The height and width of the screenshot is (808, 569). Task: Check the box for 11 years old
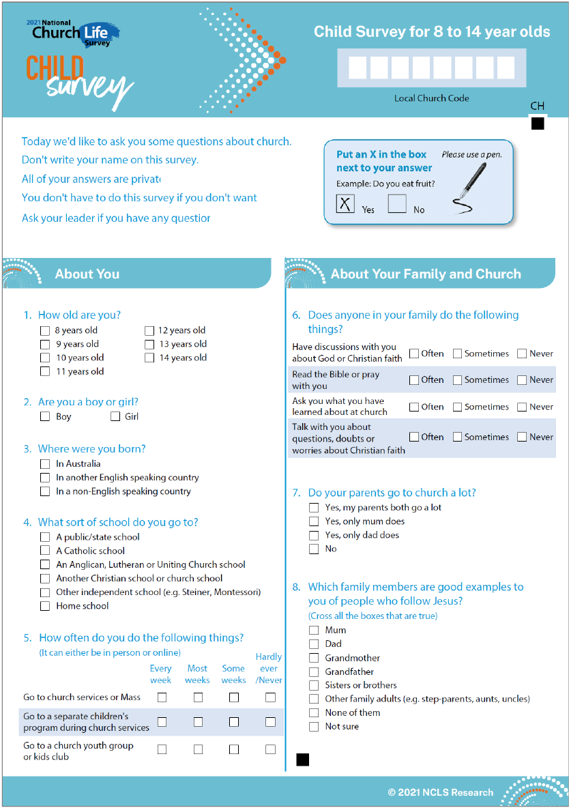tap(45, 371)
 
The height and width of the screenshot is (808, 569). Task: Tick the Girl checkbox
tap(115, 416)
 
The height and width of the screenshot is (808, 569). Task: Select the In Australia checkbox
tap(45, 464)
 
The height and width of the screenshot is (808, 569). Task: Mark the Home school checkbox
tap(45, 606)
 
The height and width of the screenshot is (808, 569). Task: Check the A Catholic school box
tap(45, 551)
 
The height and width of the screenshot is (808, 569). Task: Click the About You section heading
tap(87, 274)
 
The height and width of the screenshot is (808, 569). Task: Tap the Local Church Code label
tap(431, 98)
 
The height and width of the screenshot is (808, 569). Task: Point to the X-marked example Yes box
tap(346, 203)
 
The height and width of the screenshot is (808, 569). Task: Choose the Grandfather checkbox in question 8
tap(314, 672)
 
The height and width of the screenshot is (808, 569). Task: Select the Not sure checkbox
tap(314, 727)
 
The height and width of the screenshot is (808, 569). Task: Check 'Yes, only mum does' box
tap(314, 521)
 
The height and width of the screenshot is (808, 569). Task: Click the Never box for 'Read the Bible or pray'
tap(522, 380)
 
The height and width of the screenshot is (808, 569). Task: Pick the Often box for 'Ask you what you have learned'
tap(414, 407)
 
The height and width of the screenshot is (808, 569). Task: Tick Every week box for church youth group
tap(162, 749)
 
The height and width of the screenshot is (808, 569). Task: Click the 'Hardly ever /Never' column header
tap(269, 668)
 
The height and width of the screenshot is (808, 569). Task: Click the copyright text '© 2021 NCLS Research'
tap(440, 792)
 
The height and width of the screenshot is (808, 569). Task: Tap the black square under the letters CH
tap(538, 124)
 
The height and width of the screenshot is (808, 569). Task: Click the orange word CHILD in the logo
tap(55, 68)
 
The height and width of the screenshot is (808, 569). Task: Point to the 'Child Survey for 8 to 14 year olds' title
tap(431, 32)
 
